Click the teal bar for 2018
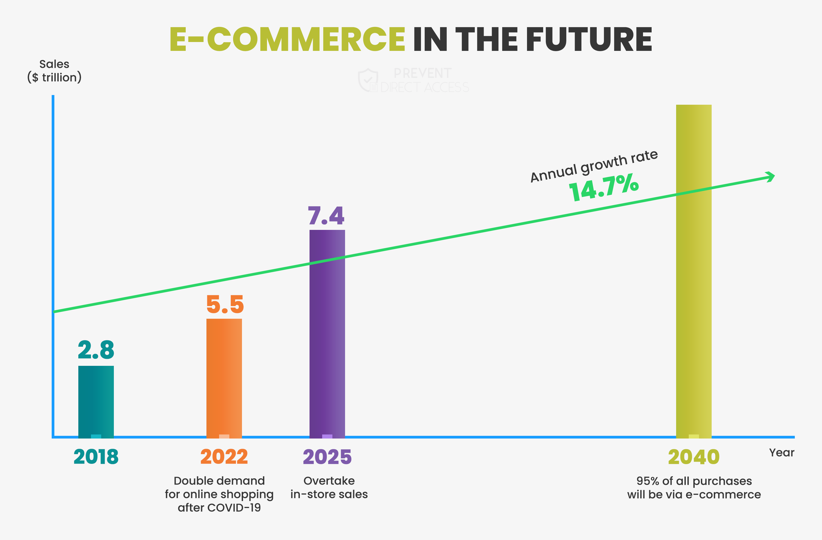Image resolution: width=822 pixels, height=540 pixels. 96,401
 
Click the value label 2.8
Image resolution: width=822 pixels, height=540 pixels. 96,350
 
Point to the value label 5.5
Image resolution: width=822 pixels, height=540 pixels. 225,304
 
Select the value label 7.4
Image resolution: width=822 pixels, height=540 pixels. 326,216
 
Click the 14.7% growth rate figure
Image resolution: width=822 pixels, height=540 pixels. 604,188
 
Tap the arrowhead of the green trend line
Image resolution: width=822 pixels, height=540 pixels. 771,177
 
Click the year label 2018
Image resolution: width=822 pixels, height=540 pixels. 96,457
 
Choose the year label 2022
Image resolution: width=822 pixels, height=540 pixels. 224,457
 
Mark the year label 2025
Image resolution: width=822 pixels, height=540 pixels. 327,457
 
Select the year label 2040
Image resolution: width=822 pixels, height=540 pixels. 694,457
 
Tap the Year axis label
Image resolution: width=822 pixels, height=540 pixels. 781,453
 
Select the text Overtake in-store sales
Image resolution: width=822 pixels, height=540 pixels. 329,488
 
